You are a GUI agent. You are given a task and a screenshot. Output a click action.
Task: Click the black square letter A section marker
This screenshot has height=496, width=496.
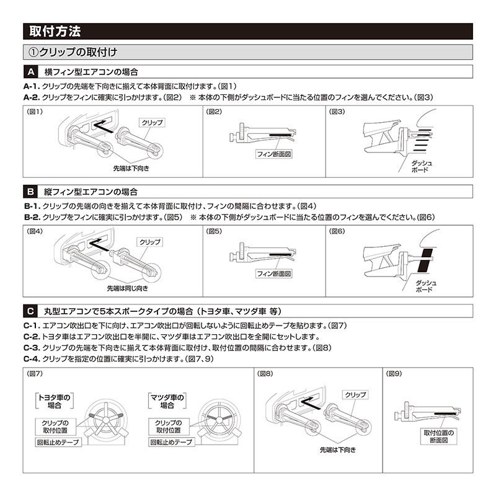pyautogui.click(x=30, y=71)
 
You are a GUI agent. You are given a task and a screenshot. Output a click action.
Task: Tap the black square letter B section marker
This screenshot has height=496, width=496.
pyautogui.click(x=30, y=191)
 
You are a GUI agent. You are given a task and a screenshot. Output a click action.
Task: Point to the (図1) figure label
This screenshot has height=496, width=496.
pyautogui.click(x=35, y=112)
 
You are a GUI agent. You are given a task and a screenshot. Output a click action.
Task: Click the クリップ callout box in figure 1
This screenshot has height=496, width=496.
pyautogui.click(x=152, y=123)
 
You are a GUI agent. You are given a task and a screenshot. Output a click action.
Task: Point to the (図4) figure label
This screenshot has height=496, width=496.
pyautogui.click(x=35, y=232)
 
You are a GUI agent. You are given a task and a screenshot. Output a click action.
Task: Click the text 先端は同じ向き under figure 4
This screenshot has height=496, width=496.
pyautogui.click(x=127, y=288)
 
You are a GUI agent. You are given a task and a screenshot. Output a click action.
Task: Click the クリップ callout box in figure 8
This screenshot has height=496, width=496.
pyautogui.click(x=355, y=394)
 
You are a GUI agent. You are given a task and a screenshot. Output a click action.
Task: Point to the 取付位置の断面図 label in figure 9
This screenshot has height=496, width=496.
pyautogui.click(x=439, y=436)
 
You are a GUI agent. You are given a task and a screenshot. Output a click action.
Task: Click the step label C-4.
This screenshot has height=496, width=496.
pyautogui.click(x=32, y=359)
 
